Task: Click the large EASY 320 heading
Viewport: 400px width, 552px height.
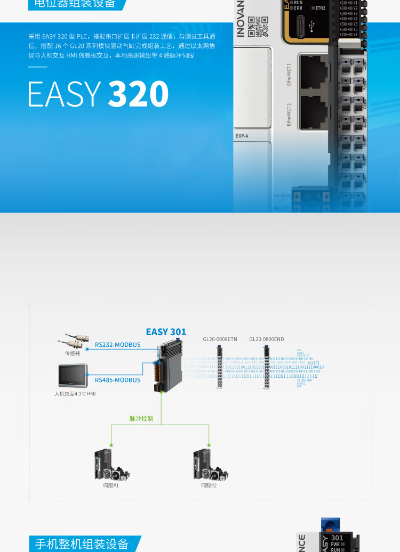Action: point(99,94)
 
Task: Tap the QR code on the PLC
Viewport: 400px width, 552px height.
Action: point(258,26)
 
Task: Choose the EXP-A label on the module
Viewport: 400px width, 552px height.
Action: point(242,136)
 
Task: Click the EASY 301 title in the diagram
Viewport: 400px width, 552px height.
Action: point(166,332)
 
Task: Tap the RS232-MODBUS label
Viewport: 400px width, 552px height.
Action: point(118,345)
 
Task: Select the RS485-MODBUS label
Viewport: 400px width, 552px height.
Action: point(118,380)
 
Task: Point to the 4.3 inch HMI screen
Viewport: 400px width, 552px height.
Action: point(74,375)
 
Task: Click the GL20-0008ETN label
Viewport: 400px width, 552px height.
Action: point(220,339)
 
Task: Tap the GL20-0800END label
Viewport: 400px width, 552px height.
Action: point(267,339)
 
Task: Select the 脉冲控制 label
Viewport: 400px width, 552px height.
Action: point(141,419)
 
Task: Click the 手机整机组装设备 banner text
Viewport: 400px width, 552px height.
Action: point(82,544)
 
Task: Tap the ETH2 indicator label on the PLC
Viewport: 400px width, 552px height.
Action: point(320,8)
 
